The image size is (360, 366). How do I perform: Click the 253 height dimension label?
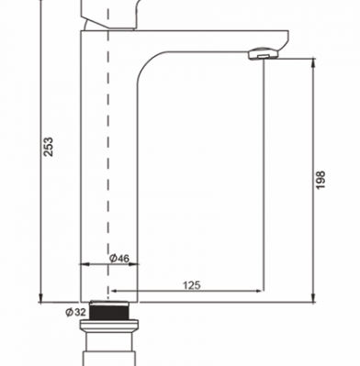[x=49, y=147]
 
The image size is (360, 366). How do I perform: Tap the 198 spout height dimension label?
[x=321, y=180]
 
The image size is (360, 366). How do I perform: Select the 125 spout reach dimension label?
[x=192, y=285]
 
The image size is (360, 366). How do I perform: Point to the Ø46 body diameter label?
[x=119, y=259]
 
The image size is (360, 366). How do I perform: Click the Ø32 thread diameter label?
[x=75, y=312]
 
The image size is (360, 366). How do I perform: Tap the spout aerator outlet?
[x=263, y=54]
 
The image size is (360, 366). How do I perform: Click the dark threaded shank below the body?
[x=109, y=311]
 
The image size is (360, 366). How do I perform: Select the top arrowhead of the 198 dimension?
[x=313, y=62]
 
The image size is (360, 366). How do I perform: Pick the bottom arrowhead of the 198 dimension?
[x=313, y=297]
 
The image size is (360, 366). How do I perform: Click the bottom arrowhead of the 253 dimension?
[x=40, y=297]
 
